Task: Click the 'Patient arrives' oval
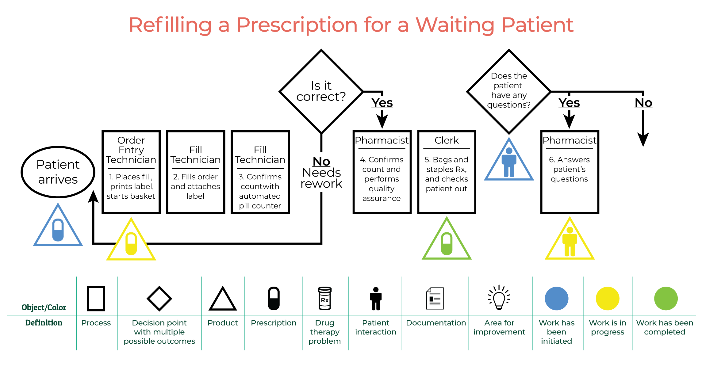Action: pos(58,172)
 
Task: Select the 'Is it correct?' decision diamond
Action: pos(321,91)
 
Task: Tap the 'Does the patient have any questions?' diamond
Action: pos(509,91)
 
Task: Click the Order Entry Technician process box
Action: pos(131,172)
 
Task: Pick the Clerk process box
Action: pos(447,172)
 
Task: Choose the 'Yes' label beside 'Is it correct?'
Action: pos(382,103)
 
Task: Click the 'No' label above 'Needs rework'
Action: pos(321,162)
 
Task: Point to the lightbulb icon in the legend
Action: pos(499,298)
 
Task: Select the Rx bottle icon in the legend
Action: pos(324,298)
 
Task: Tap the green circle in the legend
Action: pos(666,299)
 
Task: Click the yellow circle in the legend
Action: pos(607,299)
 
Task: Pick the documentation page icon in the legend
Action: pos(435,298)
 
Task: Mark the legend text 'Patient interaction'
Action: pos(375,327)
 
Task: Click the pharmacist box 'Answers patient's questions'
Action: pos(570,172)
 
